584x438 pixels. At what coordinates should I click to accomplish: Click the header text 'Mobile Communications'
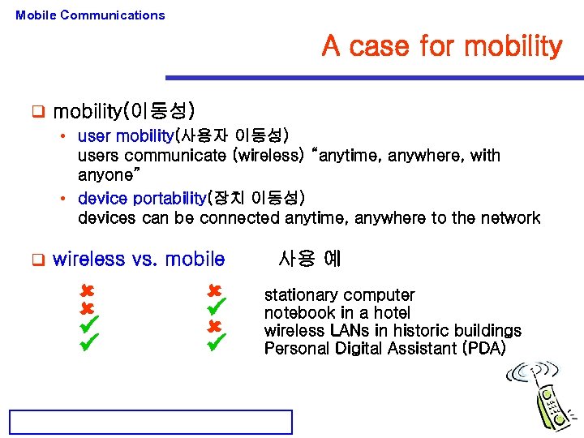[x=90, y=15]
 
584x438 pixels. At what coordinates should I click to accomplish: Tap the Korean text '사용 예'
[x=309, y=259]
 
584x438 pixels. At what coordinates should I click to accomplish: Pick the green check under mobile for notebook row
[x=215, y=309]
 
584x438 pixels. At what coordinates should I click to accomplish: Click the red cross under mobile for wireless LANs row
[x=215, y=327]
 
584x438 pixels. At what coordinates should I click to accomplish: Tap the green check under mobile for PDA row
[x=215, y=346]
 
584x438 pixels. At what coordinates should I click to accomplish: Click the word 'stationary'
[x=298, y=295]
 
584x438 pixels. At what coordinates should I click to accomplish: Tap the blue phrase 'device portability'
[x=142, y=199]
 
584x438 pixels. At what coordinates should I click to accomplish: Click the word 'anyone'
[x=107, y=175]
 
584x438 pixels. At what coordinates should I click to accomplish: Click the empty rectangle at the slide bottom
[x=150, y=422]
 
